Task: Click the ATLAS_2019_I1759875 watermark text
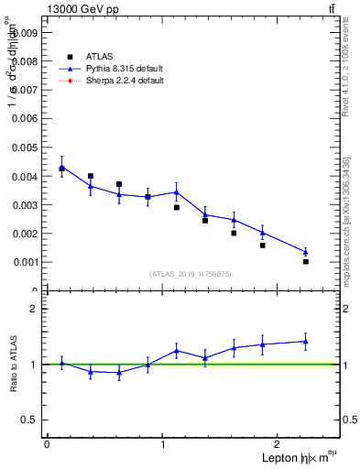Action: coord(191,274)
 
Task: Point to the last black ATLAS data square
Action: coord(306,262)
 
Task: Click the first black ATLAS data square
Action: coord(61,169)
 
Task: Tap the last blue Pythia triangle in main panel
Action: coord(306,252)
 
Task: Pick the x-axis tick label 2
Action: coord(278,444)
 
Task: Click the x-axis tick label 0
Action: coord(47,444)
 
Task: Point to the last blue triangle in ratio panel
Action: coord(306,342)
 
